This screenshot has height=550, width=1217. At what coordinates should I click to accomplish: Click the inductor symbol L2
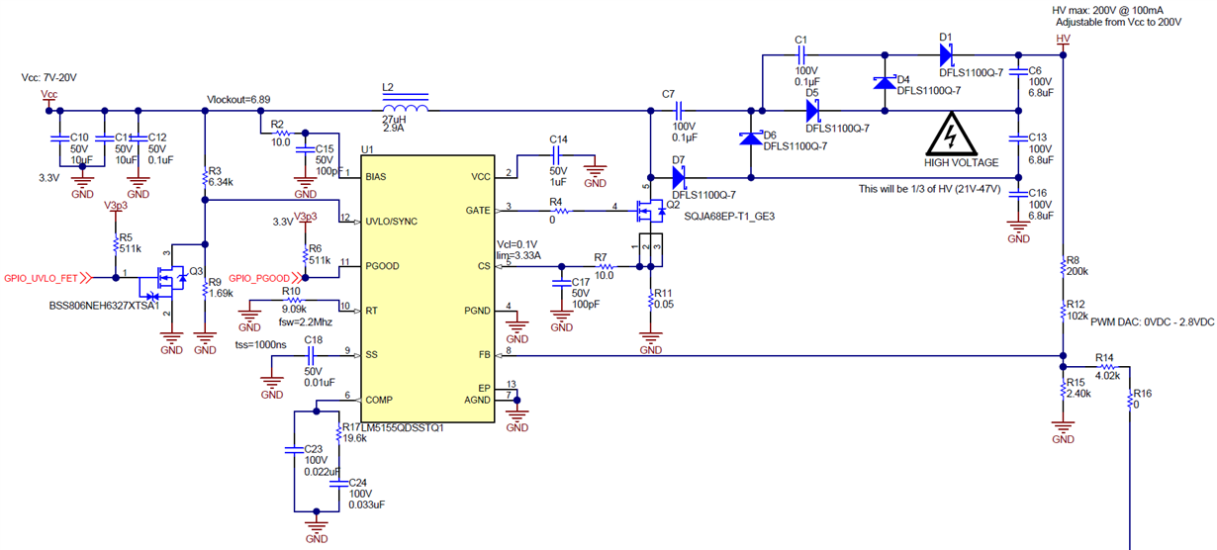coord(404,109)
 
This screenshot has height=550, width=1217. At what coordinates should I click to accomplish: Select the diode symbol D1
coord(945,54)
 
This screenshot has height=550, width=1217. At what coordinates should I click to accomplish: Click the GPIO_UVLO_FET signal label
coord(43,278)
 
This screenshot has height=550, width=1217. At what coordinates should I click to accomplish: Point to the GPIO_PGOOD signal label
coord(259,278)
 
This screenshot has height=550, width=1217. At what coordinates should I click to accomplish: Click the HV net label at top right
coord(1064,40)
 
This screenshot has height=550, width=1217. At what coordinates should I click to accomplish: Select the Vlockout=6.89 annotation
coord(238,99)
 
